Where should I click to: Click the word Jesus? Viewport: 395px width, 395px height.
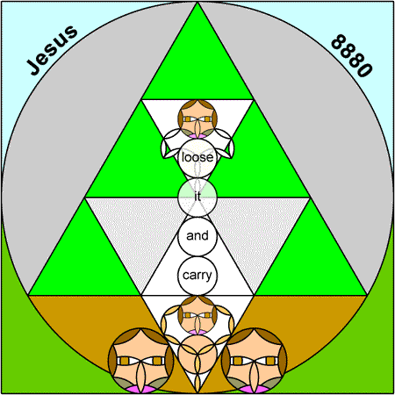pyautogui.click(x=52, y=50)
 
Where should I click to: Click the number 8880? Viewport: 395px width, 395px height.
pyautogui.click(x=352, y=55)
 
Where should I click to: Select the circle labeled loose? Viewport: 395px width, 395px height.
pyautogui.click(x=197, y=158)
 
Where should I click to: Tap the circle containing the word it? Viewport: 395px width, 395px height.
pyautogui.click(x=197, y=197)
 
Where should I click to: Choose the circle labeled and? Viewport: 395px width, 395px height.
pyautogui.click(x=197, y=236)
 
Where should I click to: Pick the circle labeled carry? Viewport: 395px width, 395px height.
pyautogui.click(x=197, y=276)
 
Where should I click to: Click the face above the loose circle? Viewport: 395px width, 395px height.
pyautogui.click(x=197, y=118)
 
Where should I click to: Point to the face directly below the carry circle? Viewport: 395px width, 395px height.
pyautogui.click(x=197, y=315)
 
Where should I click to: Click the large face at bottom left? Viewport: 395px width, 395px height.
pyautogui.click(x=141, y=361)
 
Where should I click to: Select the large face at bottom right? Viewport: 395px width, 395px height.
pyautogui.click(x=254, y=361)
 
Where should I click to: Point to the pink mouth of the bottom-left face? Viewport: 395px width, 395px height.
pyautogui.click(x=141, y=389)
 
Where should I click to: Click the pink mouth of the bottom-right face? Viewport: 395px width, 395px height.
pyautogui.click(x=254, y=389)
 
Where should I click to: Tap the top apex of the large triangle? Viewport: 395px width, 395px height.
pyautogui.click(x=197, y=3)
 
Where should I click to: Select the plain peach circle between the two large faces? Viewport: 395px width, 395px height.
pyautogui.click(x=197, y=355)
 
